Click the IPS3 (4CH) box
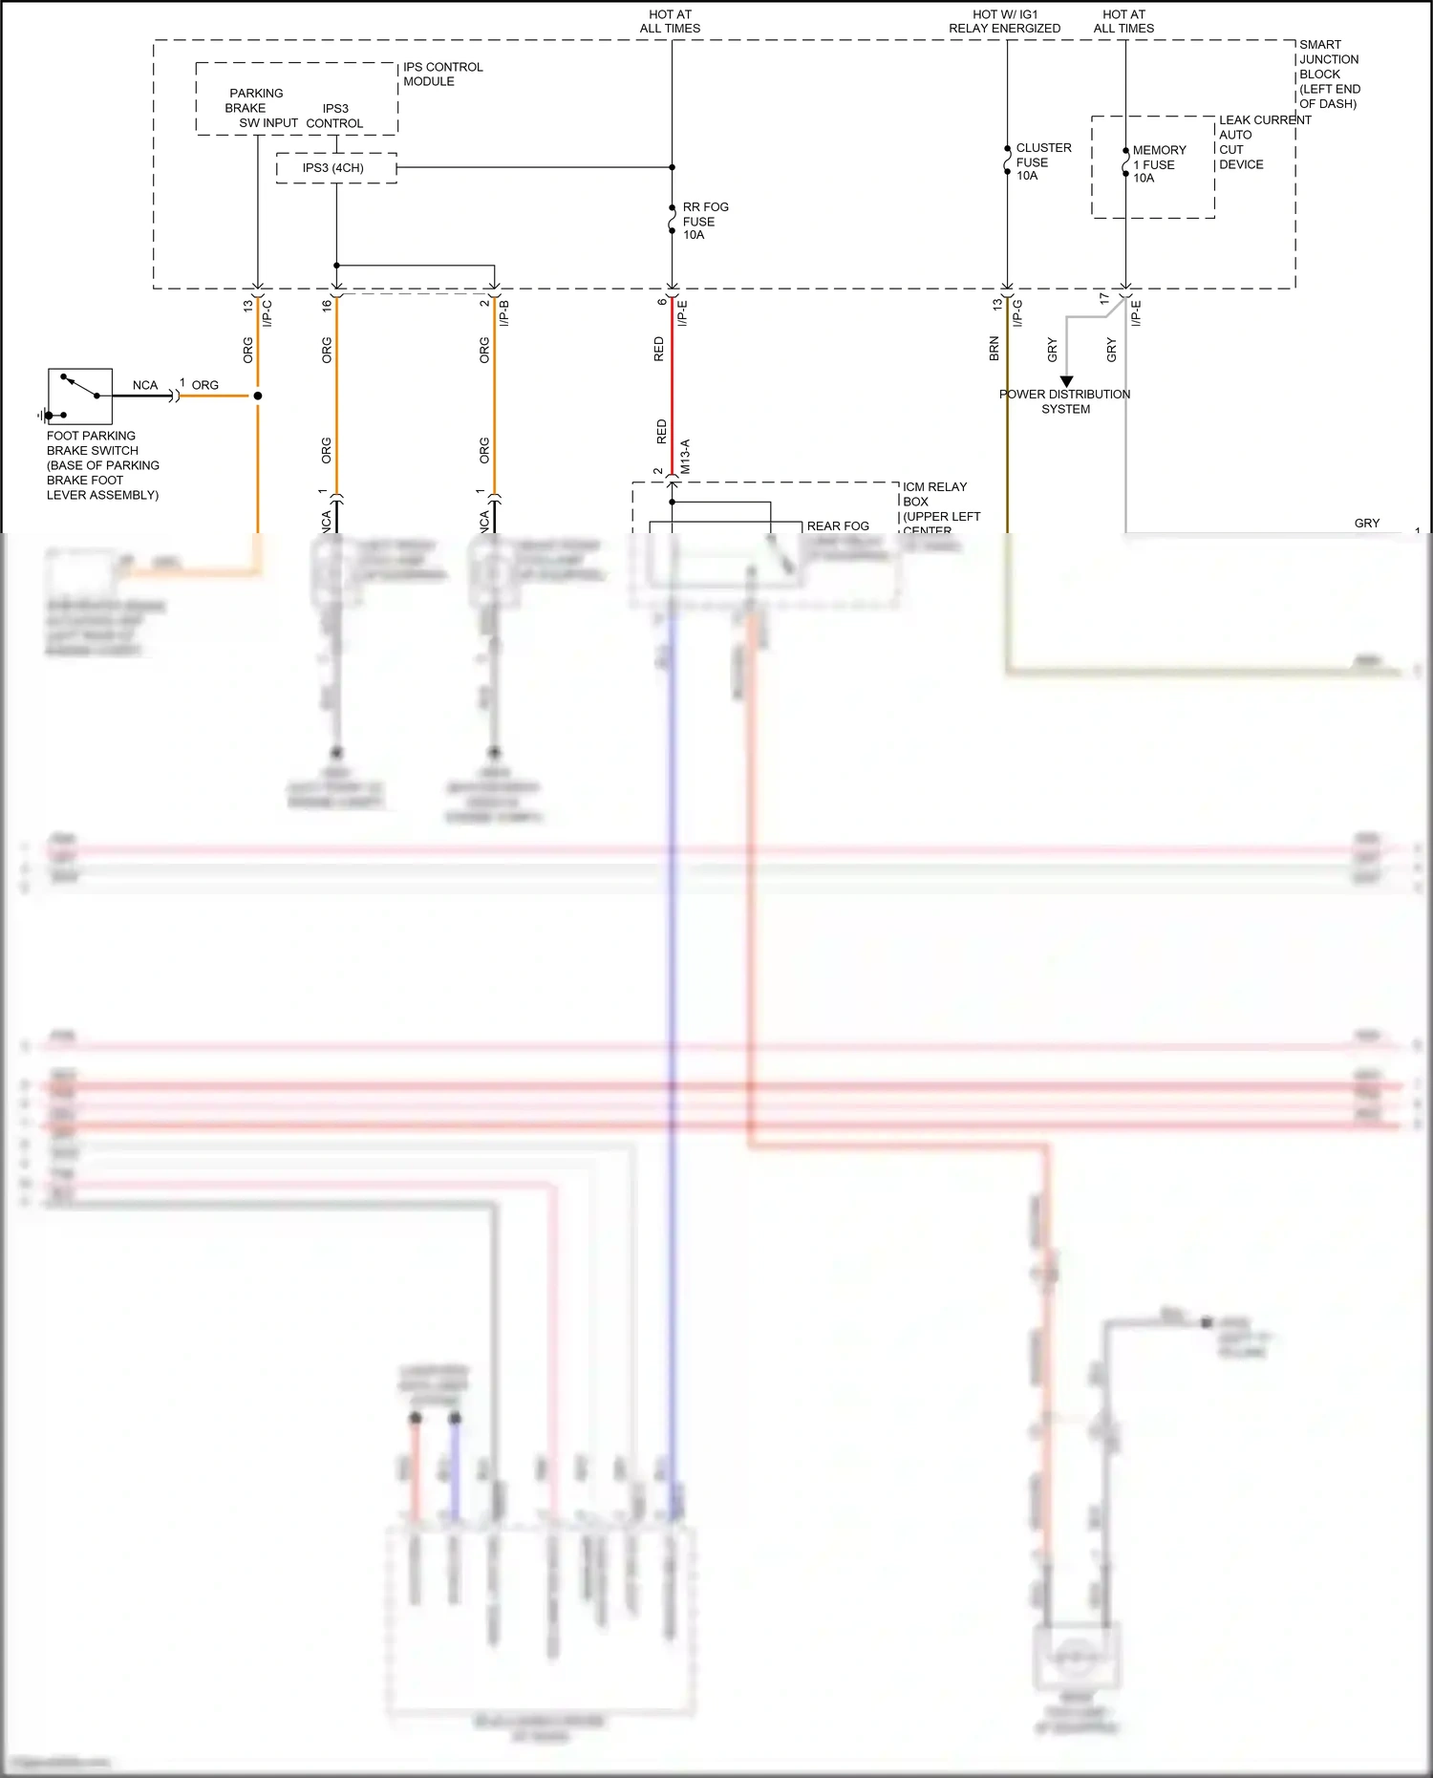pyautogui.click(x=335, y=168)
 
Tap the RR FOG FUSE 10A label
pyautogui.click(x=704, y=221)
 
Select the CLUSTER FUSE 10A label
pyautogui.click(x=1042, y=161)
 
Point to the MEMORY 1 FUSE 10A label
pyautogui.click(x=1158, y=164)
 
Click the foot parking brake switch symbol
pyautogui.click(x=80, y=396)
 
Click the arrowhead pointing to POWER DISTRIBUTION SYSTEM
pyautogui.click(x=1066, y=381)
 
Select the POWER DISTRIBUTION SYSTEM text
pyautogui.click(x=1065, y=401)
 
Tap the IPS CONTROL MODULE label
pyautogui.click(x=442, y=75)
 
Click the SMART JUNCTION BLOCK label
pyautogui.click(x=1328, y=74)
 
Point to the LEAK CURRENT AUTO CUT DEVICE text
pyautogui.click(x=1263, y=142)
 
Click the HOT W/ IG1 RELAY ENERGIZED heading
pyautogui.click(x=1004, y=22)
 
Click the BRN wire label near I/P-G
pyautogui.click(x=994, y=348)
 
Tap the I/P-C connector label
pyautogui.click(x=267, y=313)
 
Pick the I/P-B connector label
pyautogui.click(x=504, y=313)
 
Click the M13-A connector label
pyautogui.click(x=685, y=457)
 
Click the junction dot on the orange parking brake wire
pyautogui.click(x=258, y=396)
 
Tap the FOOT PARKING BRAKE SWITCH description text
pyautogui.click(x=102, y=465)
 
